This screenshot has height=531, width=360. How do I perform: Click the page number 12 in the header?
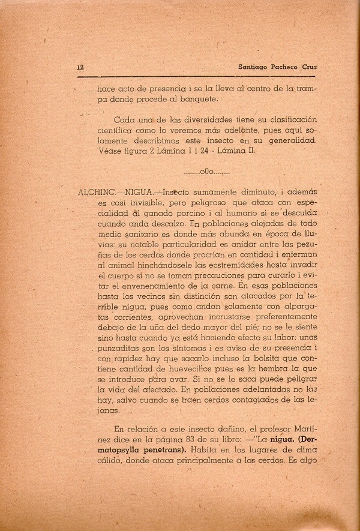point(80,67)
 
